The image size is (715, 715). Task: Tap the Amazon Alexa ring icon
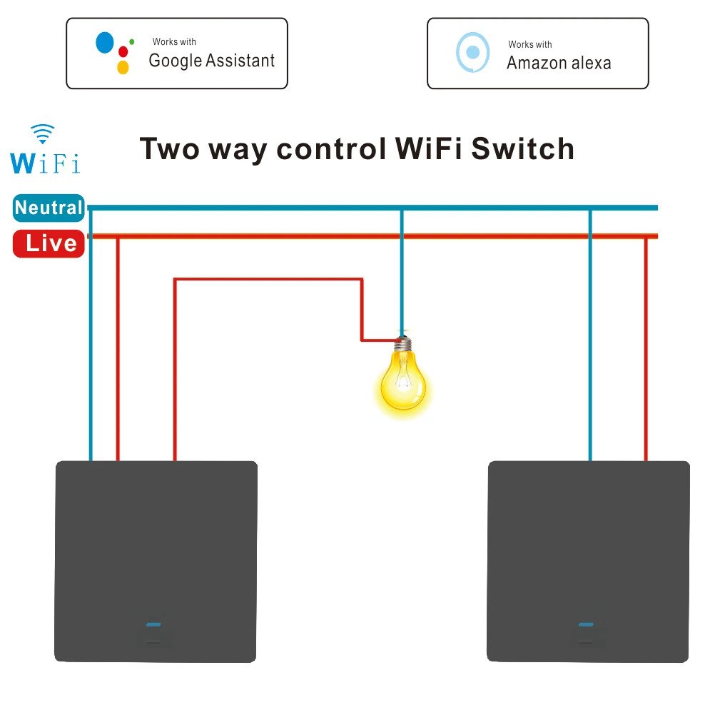point(472,53)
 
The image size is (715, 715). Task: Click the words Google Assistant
point(211,61)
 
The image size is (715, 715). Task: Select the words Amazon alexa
point(559,63)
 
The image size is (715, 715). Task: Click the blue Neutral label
point(49,208)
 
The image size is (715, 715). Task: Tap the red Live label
point(49,243)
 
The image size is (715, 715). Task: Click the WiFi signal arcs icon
point(43,133)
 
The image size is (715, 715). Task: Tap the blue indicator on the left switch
point(153,624)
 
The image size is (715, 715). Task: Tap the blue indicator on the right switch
point(586,624)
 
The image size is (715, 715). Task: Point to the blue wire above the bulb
point(402,271)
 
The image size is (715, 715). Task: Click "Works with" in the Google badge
point(174,42)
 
